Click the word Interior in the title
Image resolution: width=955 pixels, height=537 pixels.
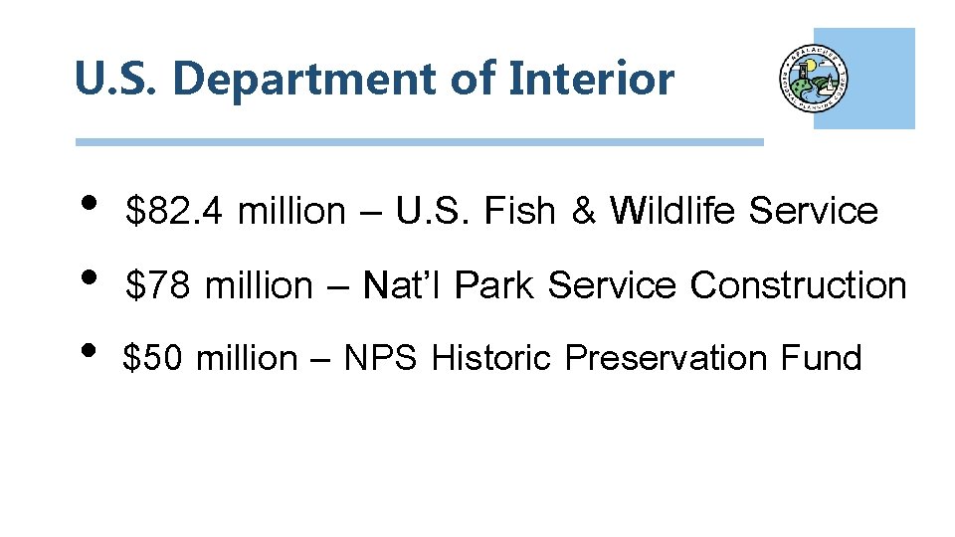click(x=591, y=79)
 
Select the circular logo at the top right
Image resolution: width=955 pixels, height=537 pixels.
click(x=814, y=80)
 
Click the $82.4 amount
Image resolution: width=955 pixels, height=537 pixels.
click(x=177, y=212)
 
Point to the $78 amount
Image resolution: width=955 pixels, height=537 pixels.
click(x=157, y=285)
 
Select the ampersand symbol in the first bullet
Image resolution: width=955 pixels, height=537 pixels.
click(x=582, y=212)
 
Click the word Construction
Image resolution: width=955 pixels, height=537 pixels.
click(x=799, y=285)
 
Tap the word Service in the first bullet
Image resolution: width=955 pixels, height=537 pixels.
click(x=814, y=212)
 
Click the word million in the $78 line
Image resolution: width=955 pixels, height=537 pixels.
click(x=259, y=285)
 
